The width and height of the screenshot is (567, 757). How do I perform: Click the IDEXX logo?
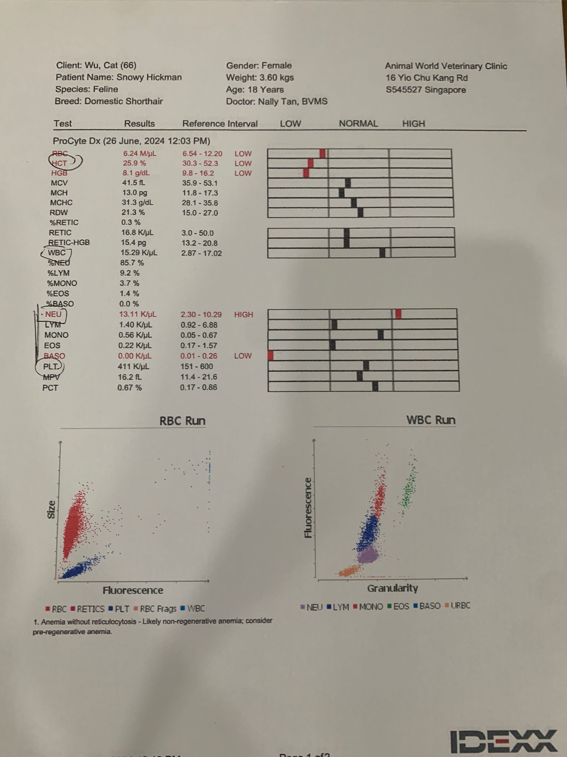tap(504, 741)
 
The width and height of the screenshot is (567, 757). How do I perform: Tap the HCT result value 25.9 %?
tap(134, 163)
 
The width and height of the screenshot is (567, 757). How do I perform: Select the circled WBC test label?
tap(56, 253)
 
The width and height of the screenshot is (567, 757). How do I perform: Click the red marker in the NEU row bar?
tap(398, 314)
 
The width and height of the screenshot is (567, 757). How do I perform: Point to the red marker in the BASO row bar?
tap(271, 356)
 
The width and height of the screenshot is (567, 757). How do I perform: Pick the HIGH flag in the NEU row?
tap(244, 315)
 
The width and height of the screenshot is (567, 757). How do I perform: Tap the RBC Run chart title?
tap(182, 421)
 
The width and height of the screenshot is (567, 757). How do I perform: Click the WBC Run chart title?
tap(431, 420)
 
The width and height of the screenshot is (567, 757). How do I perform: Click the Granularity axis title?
tap(392, 588)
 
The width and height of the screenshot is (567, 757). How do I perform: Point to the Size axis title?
tap(52, 509)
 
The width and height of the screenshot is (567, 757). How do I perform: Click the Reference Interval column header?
tap(220, 124)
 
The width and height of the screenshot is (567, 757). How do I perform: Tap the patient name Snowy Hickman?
tap(149, 77)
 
